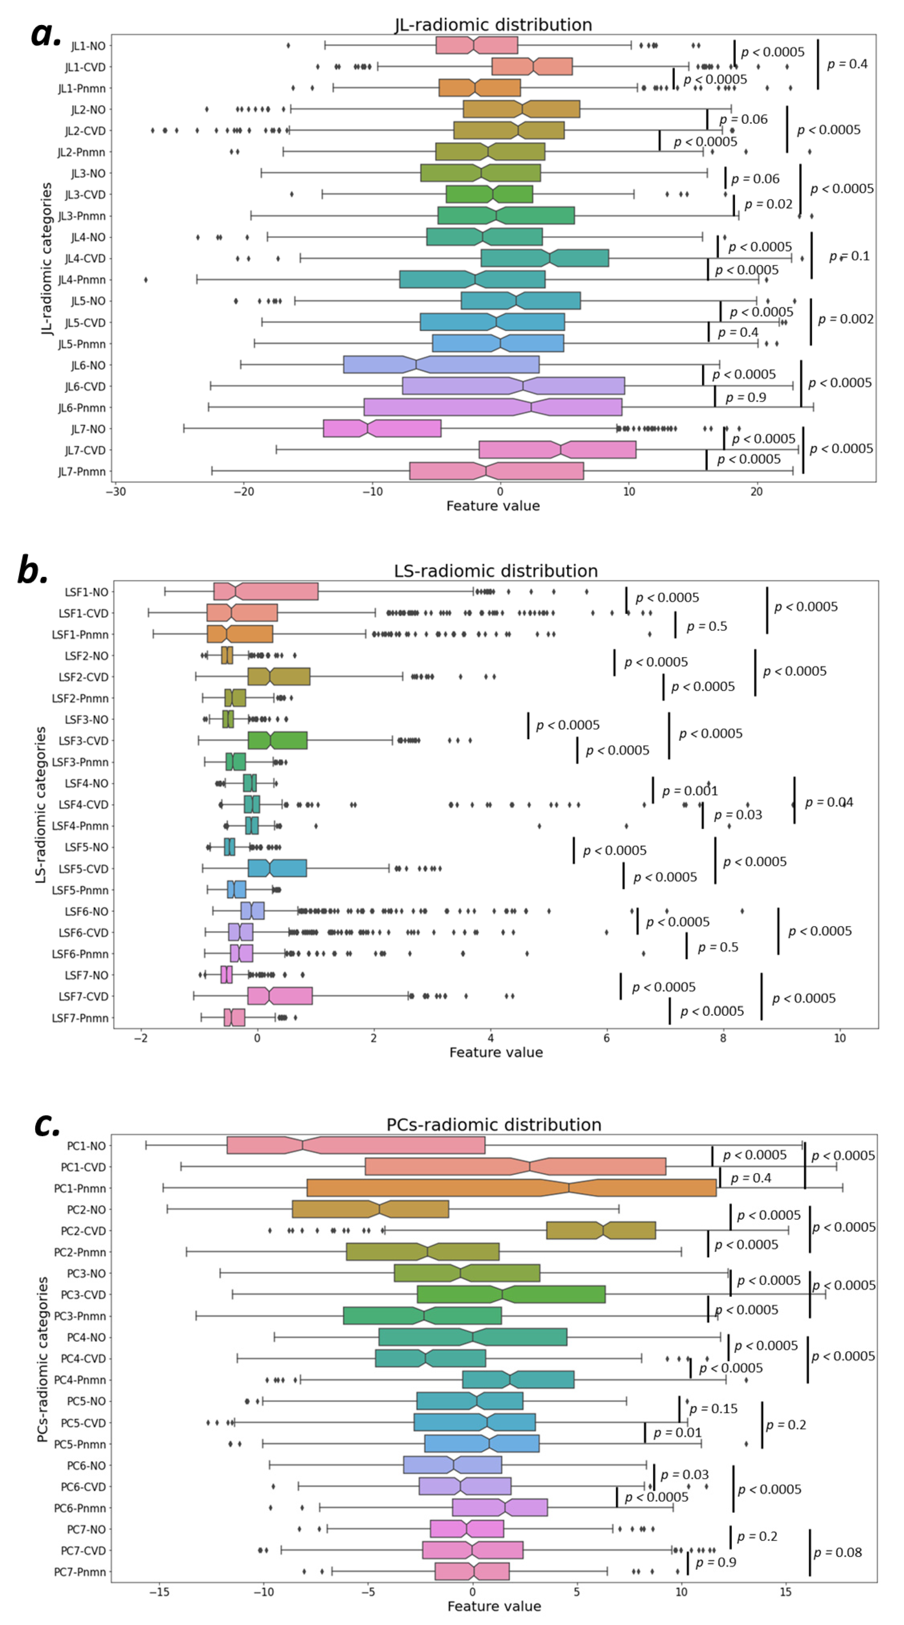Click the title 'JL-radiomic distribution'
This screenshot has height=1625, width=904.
[x=493, y=25]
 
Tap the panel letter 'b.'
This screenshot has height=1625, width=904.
[x=33, y=570]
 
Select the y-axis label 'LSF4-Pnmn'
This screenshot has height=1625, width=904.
[x=80, y=826]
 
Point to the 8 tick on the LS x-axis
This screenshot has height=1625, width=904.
[x=723, y=1038]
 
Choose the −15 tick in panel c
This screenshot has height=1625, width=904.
[x=159, y=1591]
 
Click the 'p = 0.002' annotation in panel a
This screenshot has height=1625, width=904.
[x=845, y=319]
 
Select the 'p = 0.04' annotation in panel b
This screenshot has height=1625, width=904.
[x=828, y=802]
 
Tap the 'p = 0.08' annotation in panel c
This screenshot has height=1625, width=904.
[x=837, y=1552]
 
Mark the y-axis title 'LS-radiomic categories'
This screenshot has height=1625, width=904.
[x=41, y=804]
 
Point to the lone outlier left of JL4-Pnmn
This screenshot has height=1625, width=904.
[x=146, y=280]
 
